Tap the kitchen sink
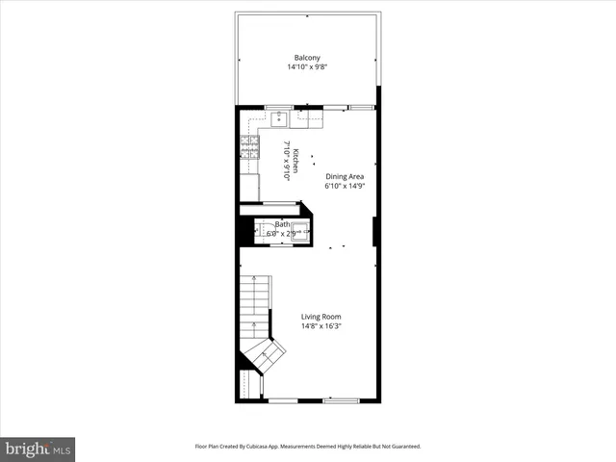(279, 118)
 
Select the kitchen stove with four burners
(249, 147)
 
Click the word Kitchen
(295, 161)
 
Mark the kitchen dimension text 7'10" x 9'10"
(286, 161)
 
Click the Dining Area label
(345, 176)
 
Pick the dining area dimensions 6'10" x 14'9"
(345, 186)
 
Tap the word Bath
(282, 224)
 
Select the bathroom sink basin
(300, 231)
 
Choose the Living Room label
(321, 317)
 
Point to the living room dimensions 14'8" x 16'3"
(321, 326)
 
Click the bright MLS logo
(38, 449)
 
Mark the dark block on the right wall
(374, 231)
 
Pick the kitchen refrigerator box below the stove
(249, 187)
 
